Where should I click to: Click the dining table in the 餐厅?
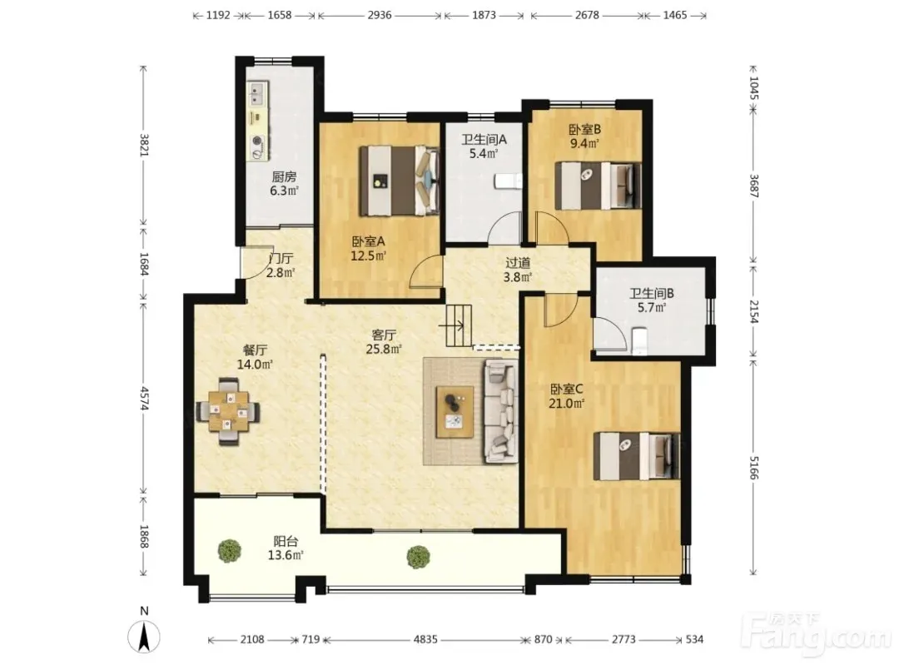[x=228, y=411]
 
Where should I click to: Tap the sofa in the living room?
[x=500, y=410]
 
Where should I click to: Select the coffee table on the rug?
[x=454, y=412]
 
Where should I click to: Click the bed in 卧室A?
[x=399, y=181]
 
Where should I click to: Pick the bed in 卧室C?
[x=637, y=456]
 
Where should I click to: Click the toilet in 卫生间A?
[x=509, y=181]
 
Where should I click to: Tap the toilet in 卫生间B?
[x=638, y=341]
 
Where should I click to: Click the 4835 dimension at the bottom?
[x=425, y=639]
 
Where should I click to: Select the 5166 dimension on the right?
[x=754, y=468]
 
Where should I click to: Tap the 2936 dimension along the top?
[x=380, y=16]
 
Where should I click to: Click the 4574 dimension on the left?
[x=145, y=398]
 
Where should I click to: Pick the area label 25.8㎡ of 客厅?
[x=384, y=349]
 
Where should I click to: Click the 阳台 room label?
[x=286, y=541]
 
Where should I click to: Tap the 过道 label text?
[x=518, y=262]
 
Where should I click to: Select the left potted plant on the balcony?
[x=230, y=551]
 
